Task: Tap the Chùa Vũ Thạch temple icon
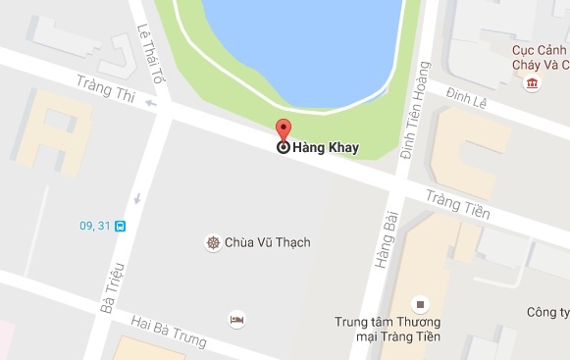(x=212, y=242)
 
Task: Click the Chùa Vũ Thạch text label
(x=253, y=242)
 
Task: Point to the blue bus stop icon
(x=119, y=226)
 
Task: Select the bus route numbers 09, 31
(x=93, y=226)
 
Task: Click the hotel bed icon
(x=235, y=320)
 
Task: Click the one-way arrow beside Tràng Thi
(x=149, y=101)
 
